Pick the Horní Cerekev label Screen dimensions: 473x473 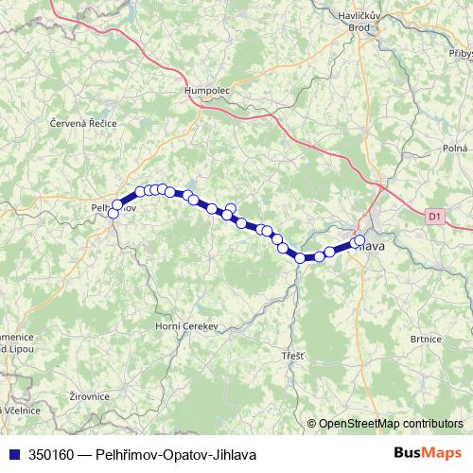187,325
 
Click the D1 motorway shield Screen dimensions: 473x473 434,217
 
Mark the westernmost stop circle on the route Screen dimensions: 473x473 114,214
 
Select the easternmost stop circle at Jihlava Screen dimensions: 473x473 359,239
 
